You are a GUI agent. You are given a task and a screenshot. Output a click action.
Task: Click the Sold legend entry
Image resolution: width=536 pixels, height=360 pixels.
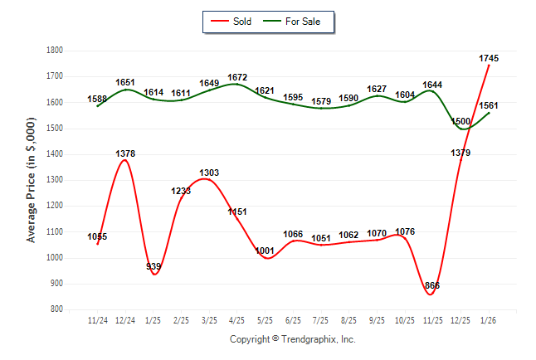click(243, 22)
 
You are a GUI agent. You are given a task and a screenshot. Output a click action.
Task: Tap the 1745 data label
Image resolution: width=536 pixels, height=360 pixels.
click(489, 58)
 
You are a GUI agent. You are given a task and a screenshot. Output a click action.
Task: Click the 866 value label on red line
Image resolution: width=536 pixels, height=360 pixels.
click(432, 285)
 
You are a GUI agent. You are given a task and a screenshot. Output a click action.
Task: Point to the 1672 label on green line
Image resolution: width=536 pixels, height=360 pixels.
click(237, 78)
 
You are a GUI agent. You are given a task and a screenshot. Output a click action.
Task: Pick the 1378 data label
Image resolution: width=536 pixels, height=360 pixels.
click(125, 153)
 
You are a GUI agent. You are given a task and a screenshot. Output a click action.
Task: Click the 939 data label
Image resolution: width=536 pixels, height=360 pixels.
click(153, 266)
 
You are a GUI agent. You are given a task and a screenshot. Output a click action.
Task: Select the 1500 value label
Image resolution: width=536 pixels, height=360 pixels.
click(460, 121)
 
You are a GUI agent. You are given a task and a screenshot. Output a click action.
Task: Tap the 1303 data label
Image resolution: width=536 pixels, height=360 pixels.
click(209, 173)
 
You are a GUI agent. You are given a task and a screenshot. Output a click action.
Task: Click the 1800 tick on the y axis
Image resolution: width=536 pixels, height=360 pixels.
click(54, 51)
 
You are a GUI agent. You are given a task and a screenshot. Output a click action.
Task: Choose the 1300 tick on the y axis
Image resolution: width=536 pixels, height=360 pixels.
click(54, 180)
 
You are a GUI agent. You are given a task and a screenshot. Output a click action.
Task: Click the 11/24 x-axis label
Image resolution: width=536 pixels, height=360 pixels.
click(97, 319)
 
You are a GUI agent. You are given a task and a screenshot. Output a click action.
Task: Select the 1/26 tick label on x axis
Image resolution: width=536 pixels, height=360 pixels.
click(489, 319)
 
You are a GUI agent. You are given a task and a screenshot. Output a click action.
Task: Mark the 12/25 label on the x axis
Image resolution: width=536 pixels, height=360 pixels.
click(460, 319)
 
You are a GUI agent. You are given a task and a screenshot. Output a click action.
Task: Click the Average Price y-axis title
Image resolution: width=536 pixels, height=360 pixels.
click(32, 181)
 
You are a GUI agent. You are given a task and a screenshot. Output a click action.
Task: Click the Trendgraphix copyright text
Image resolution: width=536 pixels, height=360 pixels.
click(292, 339)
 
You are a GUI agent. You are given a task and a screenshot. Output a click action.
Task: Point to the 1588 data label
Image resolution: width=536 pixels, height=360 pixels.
click(97, 100)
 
